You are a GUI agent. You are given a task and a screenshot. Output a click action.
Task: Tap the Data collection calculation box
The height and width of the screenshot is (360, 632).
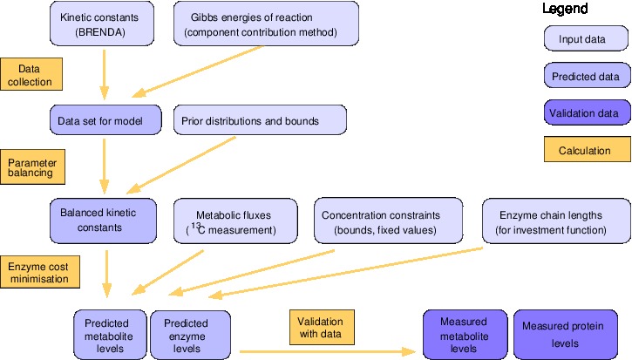pos(31,74)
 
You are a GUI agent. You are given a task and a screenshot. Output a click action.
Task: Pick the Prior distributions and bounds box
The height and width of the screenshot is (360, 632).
pos(260,120)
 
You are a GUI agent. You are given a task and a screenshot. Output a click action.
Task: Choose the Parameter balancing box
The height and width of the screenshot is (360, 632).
pos(31,166)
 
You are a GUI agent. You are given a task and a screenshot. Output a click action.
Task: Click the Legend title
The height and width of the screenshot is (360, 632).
pos(565,10)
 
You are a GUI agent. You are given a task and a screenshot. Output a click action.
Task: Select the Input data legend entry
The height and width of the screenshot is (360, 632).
pos(582,39)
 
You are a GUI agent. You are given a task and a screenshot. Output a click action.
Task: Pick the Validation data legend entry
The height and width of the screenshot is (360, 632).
pos(582,113)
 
